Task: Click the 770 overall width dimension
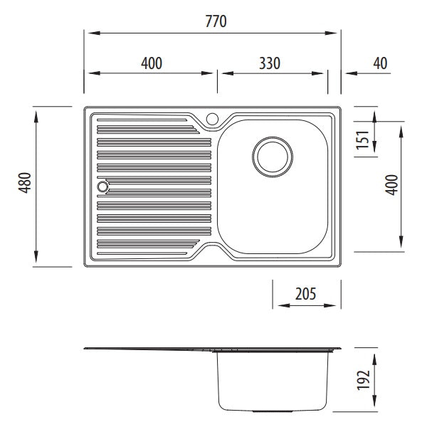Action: coord(216,21)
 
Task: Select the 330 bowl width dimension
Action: coord(270,63)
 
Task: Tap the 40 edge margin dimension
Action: coord(380,63)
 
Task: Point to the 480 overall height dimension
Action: coord(25,183)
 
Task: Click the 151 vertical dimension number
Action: coord(363,139)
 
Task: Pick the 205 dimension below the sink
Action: coord(305,294)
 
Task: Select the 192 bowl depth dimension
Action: coord(364,380)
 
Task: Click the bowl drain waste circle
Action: coord(273,157)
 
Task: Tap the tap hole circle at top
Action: coord(212,119)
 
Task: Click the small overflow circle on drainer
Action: coord(102,186)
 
